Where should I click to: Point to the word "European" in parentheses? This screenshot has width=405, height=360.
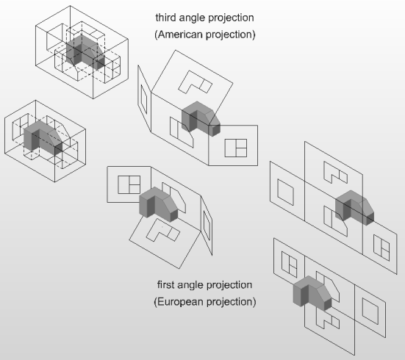pyautogui.click(x=180, y=302)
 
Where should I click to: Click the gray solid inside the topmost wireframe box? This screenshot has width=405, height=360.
pyautogui.click(x=85, y=52)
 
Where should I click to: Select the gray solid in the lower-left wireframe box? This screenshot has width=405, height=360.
pyautogui.click(x=43, y=138)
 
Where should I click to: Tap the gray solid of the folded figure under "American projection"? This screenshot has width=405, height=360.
pyautogui.click(x=201, y=118)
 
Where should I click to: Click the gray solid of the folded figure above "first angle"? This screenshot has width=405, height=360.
pyautogui.click(x=159, y=204)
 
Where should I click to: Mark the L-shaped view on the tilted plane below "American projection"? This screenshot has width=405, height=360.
pyautogui.click(x=196, y=82)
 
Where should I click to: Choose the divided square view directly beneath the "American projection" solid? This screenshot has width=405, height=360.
pyautogui.click(x=236, y=148)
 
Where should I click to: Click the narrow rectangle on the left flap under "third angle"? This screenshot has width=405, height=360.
pyautogui.click(x=144, y=99)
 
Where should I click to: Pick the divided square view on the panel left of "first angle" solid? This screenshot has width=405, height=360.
pyautogui.click(x=129, y=184)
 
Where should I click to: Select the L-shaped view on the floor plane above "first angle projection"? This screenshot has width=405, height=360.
pyautogui.click(x=163, y=230)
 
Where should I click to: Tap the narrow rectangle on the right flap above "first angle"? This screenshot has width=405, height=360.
pyautogui.click(x=207, y=223)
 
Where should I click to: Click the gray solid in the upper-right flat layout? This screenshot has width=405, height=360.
pyautogui.click(x=354, y=208)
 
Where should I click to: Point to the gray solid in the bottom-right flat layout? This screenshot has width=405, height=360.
pyautogui.click(x=312, y=293)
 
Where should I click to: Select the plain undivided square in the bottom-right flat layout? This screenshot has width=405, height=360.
pyautogui.click(x=370, y=312)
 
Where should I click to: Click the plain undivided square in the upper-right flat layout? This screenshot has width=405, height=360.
pyautogui.click(x=285, y=192)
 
